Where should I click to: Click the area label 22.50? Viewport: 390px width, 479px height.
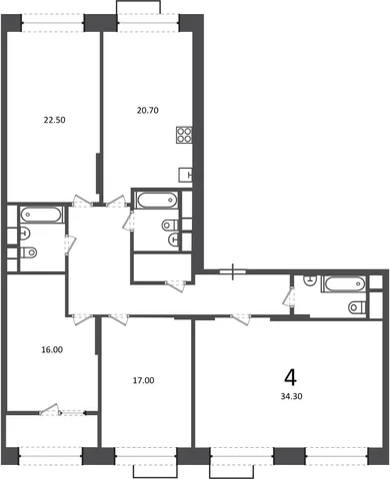click(x=54, y=120)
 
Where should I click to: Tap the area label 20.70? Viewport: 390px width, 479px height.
click(x=148, y=110)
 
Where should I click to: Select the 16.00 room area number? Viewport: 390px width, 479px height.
click(x=52, y=349)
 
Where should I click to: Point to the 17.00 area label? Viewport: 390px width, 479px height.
click(x=143, y=380)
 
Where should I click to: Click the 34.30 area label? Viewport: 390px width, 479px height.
click(x=291, y=396)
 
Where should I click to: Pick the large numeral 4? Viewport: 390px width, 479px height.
click(x=291, y=377)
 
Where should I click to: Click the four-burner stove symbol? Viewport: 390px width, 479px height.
click(x=184, y=135)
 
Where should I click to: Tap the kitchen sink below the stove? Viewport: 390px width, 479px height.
click(x=186, y=175)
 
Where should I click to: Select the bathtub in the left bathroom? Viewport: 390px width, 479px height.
click(x=42, y=215)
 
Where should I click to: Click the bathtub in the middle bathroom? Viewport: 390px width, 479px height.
click(x=156, y=201)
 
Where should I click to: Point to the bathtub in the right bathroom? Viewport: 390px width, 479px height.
click(x=344, y=284)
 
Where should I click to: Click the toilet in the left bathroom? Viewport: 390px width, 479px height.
click(x=28, y=252)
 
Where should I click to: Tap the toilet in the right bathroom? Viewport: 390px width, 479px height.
click(x=357, y=307)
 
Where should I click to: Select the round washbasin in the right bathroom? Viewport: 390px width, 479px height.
click(x=310, y=280)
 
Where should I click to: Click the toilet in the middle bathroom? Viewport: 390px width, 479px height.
click(x=170, y=226)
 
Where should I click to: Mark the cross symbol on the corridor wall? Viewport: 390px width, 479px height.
click(x=233, y=271)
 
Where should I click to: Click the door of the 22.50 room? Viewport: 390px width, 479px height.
click(x=82, y=202)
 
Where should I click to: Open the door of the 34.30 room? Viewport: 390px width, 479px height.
click(x=240, y=318)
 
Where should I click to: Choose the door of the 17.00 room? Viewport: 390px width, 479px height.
click(x=118, y=318)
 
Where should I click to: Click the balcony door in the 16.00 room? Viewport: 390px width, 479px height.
click(x=50, y=410)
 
